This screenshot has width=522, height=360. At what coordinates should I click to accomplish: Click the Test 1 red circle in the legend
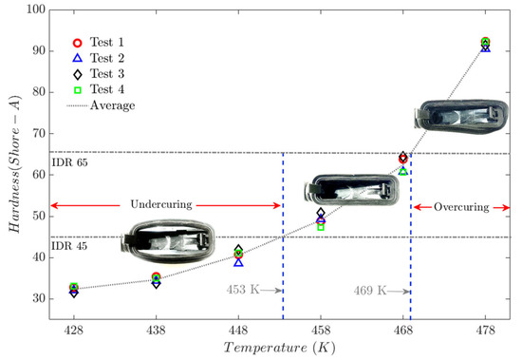77,43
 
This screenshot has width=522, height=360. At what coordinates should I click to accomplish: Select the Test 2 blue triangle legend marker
77,58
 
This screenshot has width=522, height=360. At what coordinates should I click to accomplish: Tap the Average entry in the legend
112,105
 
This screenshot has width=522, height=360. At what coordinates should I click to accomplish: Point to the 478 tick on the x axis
485,330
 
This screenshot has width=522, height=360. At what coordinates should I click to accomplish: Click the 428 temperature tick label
74,330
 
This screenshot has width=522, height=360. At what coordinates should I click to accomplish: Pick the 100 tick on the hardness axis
36,9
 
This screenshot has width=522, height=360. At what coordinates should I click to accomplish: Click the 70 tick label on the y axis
39,133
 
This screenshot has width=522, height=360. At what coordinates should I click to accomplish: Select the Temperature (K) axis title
279,348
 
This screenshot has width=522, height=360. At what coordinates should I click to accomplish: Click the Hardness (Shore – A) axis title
14,164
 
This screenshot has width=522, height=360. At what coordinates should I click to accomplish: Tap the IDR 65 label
69,162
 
